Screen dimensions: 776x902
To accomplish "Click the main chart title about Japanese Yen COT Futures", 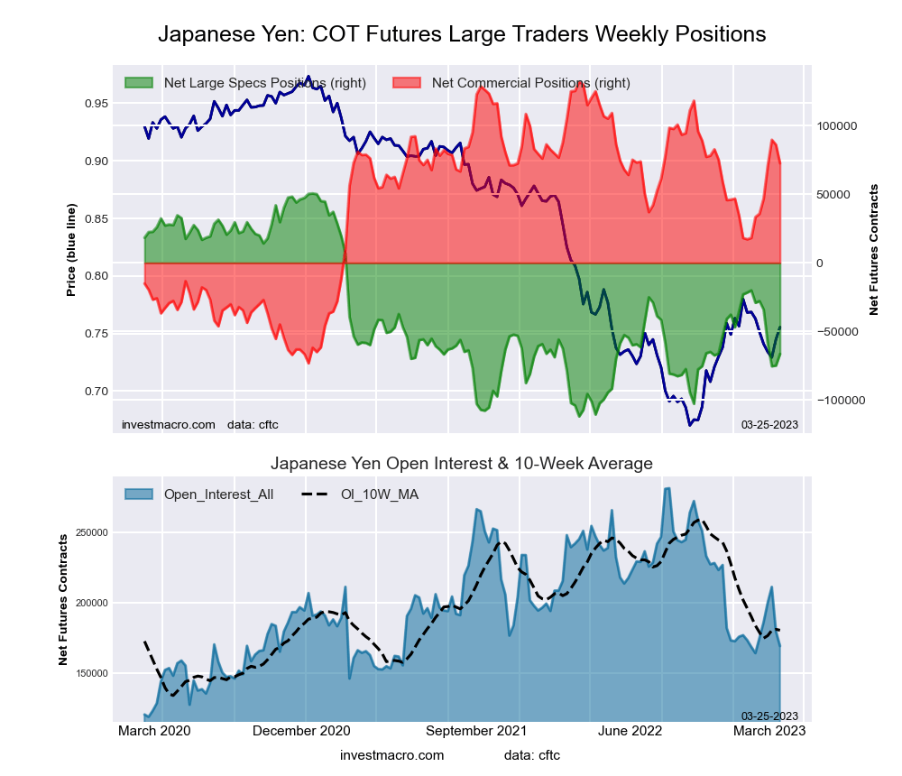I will (x=462, y=34).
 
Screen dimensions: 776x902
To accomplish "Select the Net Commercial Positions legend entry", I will (x=530, y=83).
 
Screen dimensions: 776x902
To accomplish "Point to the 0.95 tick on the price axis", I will (x=95, y=104).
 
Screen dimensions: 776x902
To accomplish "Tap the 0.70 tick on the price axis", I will (x=95, y=392).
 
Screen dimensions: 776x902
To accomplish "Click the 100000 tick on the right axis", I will (x=838, y=126).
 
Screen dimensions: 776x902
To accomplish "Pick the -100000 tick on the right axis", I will (x=840, y=401).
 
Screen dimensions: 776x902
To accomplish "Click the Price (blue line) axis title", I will (x=71, y=251).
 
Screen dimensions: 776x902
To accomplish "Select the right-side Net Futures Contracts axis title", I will (x=873, y=249).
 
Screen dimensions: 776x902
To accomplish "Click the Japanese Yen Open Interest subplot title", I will (x=462, y=464).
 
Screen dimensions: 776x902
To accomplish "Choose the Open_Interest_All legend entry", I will (x=218, y=494).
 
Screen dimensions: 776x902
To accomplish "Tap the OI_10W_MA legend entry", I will (x=379, y=494).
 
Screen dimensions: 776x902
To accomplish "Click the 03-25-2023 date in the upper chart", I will (x=769, y=424).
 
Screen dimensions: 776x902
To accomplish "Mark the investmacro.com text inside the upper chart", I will (x=168, y=424).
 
